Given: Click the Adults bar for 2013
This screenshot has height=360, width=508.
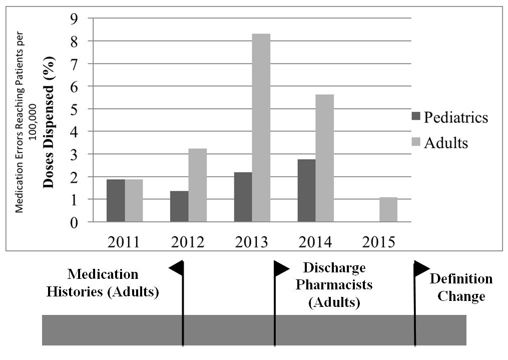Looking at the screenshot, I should point(261,128).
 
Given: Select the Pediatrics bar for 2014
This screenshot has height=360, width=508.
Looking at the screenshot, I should point(307,190).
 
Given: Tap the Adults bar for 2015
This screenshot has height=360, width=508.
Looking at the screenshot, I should point(388,209).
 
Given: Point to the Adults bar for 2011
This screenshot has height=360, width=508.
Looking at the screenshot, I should point(134,200).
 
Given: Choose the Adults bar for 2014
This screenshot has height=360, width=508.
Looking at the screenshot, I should point(325,158).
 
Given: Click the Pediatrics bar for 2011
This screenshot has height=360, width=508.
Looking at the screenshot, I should point(116,200).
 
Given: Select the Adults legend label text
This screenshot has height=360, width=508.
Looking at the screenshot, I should point(445,143).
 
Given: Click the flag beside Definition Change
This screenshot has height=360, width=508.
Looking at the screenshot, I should point(421,268).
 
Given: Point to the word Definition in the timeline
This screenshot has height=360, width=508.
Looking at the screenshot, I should point(461,279).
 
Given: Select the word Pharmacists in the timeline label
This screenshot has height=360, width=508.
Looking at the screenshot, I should point(334,284).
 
